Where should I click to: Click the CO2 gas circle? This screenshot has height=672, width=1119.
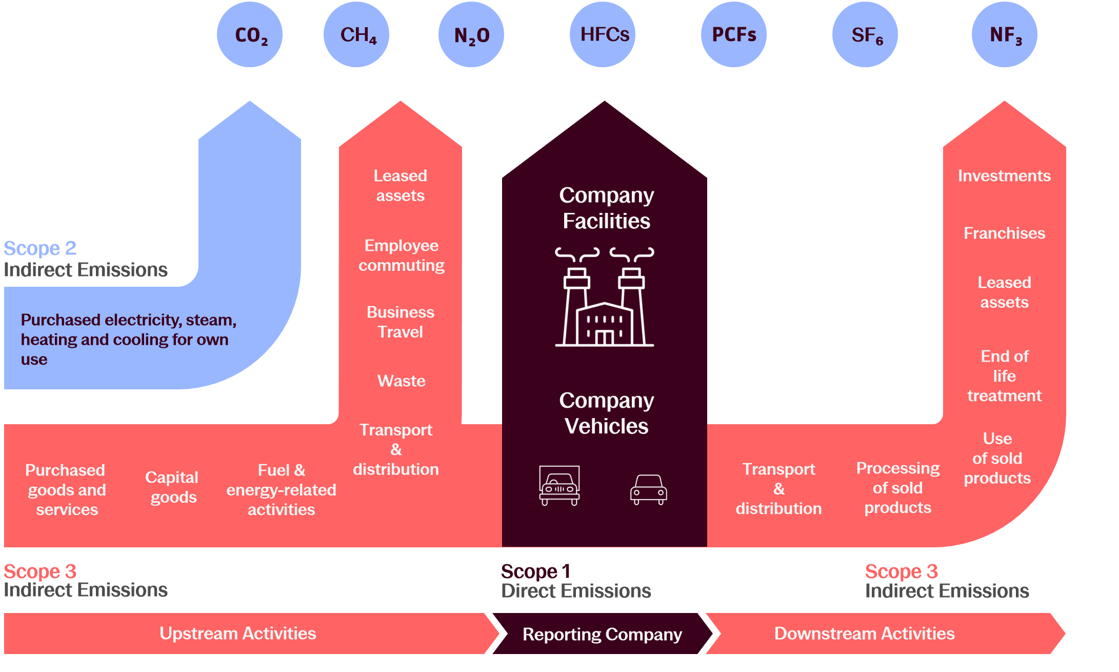[x=250, y=35]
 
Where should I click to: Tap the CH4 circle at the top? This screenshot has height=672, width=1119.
[x=356, y=35]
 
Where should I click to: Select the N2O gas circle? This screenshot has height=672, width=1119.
[x=471, y=35]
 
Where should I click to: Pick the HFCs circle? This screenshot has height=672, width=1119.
[x=603, y=35]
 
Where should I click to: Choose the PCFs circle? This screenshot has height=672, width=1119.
[x=734, y=35]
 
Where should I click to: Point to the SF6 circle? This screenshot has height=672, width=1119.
[x=865, y=35]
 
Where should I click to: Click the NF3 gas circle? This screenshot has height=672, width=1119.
[x=1005, y=35]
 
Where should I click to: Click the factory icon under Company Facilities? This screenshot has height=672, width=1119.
[x=605, y=298]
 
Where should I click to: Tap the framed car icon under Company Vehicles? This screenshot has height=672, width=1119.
[x=559, y=485]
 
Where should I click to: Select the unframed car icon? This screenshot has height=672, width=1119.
[x=649, y=489]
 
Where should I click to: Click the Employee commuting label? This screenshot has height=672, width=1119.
[x=401, y=255]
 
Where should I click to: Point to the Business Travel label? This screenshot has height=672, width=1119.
[x=401, y=322]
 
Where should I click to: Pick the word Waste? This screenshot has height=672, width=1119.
[x=401, y=381]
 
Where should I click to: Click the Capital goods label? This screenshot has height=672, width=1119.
[x=172, y=487]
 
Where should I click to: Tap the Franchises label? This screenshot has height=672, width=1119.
[x=1004, y=233]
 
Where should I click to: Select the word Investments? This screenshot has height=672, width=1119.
[x=1004, y=176]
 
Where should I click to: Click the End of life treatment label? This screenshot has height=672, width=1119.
[x=1004, y=376]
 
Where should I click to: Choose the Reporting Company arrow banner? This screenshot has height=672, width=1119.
[x=602, y=634]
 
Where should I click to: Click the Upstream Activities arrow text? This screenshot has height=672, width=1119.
[x=238, y=634]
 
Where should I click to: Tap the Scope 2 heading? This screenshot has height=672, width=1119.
[x=40, y=249]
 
